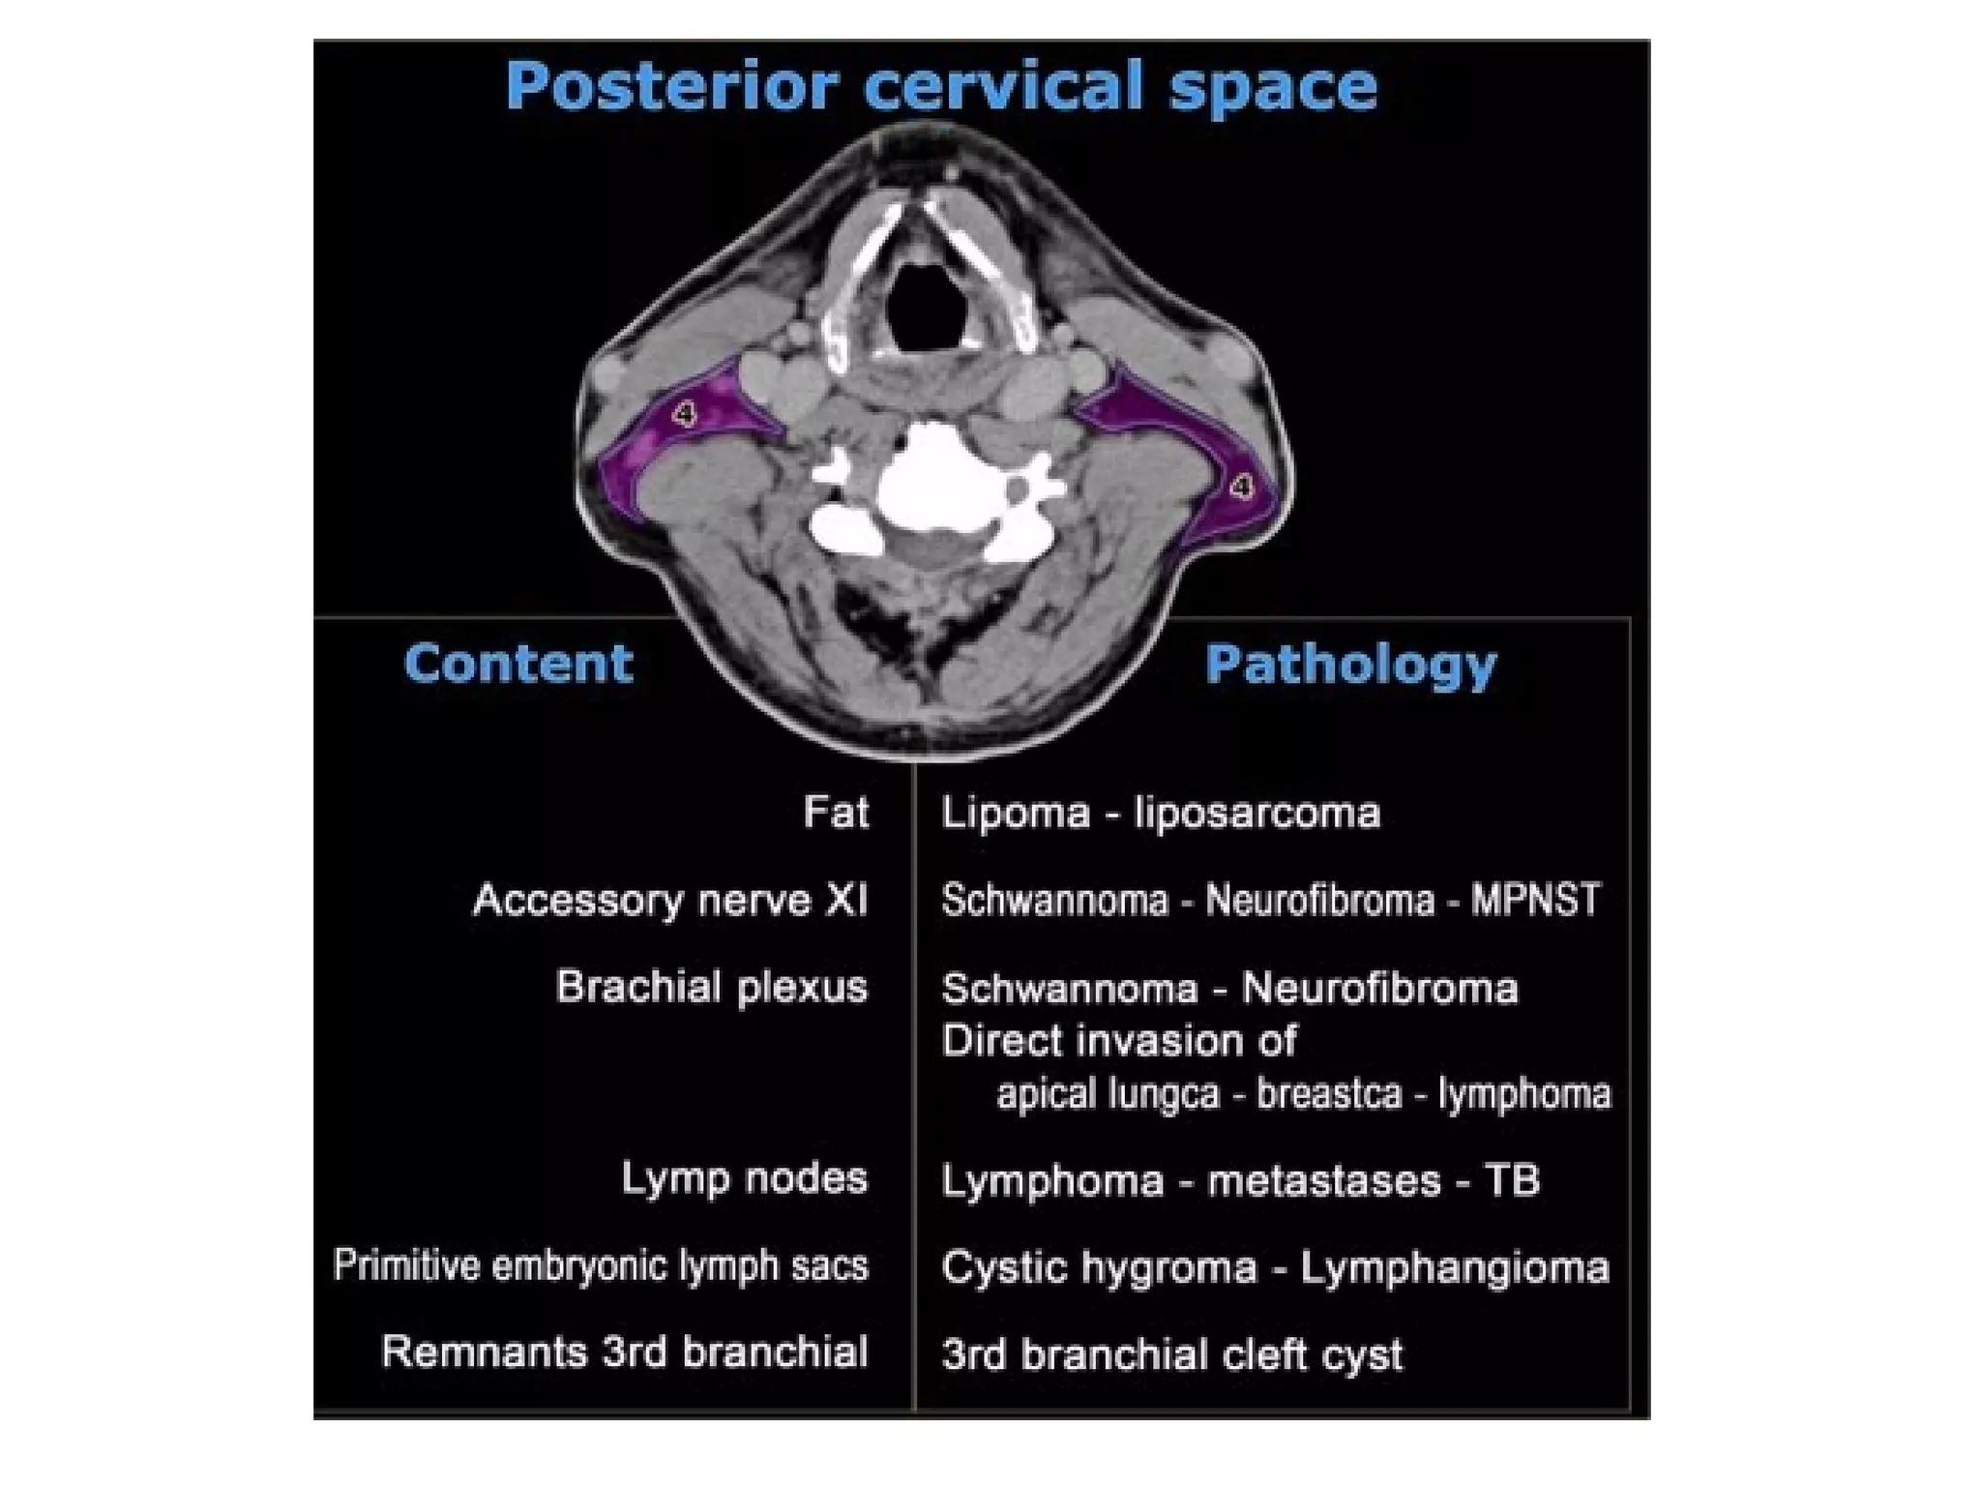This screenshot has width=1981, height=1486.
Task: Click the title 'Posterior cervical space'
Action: coord(940,86)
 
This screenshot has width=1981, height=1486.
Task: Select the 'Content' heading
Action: coord(517,664)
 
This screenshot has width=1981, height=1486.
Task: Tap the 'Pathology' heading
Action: coord(1349,665)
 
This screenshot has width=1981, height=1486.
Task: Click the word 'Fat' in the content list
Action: coord(836,812)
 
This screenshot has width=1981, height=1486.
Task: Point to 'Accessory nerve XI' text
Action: coord(669,901)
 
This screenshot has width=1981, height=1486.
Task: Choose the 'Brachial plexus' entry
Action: coord(711,988)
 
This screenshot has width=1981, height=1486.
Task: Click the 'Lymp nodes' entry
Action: coord(744,1178)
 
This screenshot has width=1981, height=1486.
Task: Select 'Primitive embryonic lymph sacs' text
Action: coord(601,1265)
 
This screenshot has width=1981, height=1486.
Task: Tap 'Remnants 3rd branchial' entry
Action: coord(625,1352)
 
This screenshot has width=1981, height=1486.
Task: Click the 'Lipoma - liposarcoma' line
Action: coord(1160,813)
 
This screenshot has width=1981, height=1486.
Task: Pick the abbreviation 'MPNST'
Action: coord(1535,901)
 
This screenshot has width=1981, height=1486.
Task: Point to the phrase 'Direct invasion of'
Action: coord(1118,1041)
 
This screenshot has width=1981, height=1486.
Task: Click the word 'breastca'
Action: coord(1328,1094)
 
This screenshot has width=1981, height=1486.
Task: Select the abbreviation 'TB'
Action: coord(1511,1180)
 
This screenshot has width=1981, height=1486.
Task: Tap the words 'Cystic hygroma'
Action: coord(1099,1267)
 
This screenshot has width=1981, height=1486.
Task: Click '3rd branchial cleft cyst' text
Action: coord(1171,1354)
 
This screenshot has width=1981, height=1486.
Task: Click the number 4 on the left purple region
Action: coord(685,415)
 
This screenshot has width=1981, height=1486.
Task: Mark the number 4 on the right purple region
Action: coord(1240,487)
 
